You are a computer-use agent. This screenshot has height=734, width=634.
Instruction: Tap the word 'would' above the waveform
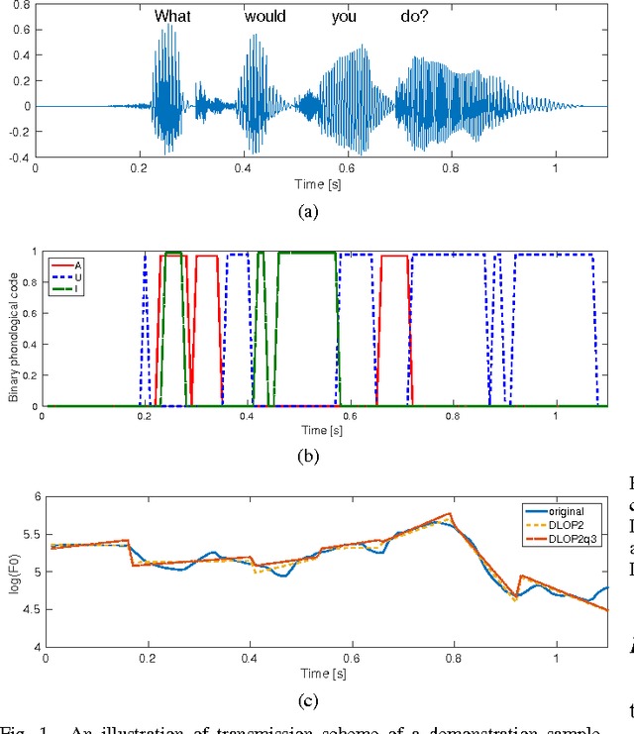click(x=264, y=16)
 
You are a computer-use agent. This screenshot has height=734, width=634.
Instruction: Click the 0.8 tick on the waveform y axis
click(x=21, y=5)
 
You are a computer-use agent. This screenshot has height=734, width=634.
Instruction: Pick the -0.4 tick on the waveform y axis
click(x=19, y=157)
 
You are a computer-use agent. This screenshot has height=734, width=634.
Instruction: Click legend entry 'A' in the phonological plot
click(x=78, y=265)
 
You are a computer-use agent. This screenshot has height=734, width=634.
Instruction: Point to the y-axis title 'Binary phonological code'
click(x=13, y=330)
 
